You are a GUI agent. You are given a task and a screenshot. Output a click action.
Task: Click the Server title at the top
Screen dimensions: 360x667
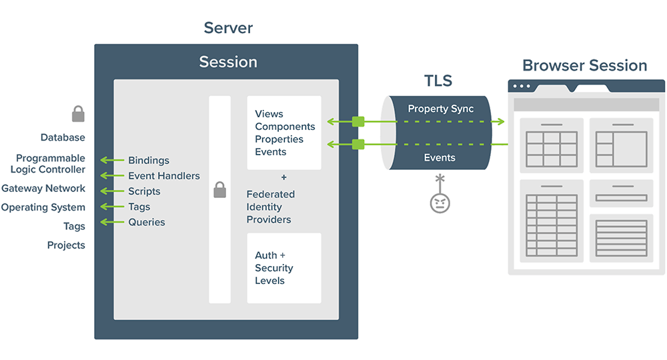pyautogui.click(x=228, y=28)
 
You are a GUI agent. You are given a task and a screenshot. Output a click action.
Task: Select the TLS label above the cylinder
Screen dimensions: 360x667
pyautogui.click(x=438, y=81)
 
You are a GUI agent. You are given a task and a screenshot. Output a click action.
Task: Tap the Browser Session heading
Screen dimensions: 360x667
pyautogui.click(x=584, y=65)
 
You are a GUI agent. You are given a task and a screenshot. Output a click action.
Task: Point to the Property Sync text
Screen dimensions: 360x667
pyautogui.click(x=440, y=109)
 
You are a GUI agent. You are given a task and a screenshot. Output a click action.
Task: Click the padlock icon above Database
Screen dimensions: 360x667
pyautogui.click(x=78, y=114)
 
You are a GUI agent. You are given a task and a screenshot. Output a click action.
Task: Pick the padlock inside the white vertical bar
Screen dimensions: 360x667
pyautogui.click(x=219, y=191)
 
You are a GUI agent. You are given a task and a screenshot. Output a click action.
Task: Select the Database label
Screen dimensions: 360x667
pyautogui.click(x=63, y=137)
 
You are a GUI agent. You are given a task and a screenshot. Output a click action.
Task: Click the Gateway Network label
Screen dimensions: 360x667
pyautogui.click(x=43, y=189)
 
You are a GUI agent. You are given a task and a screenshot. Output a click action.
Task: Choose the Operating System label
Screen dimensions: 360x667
pyautogui.click(x=43, y=207)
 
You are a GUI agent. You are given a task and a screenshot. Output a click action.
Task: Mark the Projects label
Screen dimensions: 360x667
pyautogui.click(x=66, y=245)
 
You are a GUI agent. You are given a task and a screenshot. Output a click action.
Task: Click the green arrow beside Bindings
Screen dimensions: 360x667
pyautogui.click(x=112, y=161)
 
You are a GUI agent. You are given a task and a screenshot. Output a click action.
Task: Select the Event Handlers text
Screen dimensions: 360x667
pyautogui.click(x=163, y=176)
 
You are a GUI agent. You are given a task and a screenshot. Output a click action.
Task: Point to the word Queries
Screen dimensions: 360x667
pyautogui.click(x=146, y=222)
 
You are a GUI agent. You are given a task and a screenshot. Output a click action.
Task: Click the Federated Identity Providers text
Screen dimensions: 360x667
pyautogui.click(x=270, y=207)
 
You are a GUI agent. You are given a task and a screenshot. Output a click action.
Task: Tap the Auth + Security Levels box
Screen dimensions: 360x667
pyautogui.click(x=283, y=268)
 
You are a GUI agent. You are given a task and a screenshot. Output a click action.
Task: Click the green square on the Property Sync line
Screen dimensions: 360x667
pyautogui.click(x=358, y=121)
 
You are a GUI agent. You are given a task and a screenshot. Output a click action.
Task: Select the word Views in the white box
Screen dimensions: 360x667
pyautogui.click(x=269, y=114)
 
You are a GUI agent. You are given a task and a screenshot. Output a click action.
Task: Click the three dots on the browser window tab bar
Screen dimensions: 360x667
pyautogui.click(x=522, y=86)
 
